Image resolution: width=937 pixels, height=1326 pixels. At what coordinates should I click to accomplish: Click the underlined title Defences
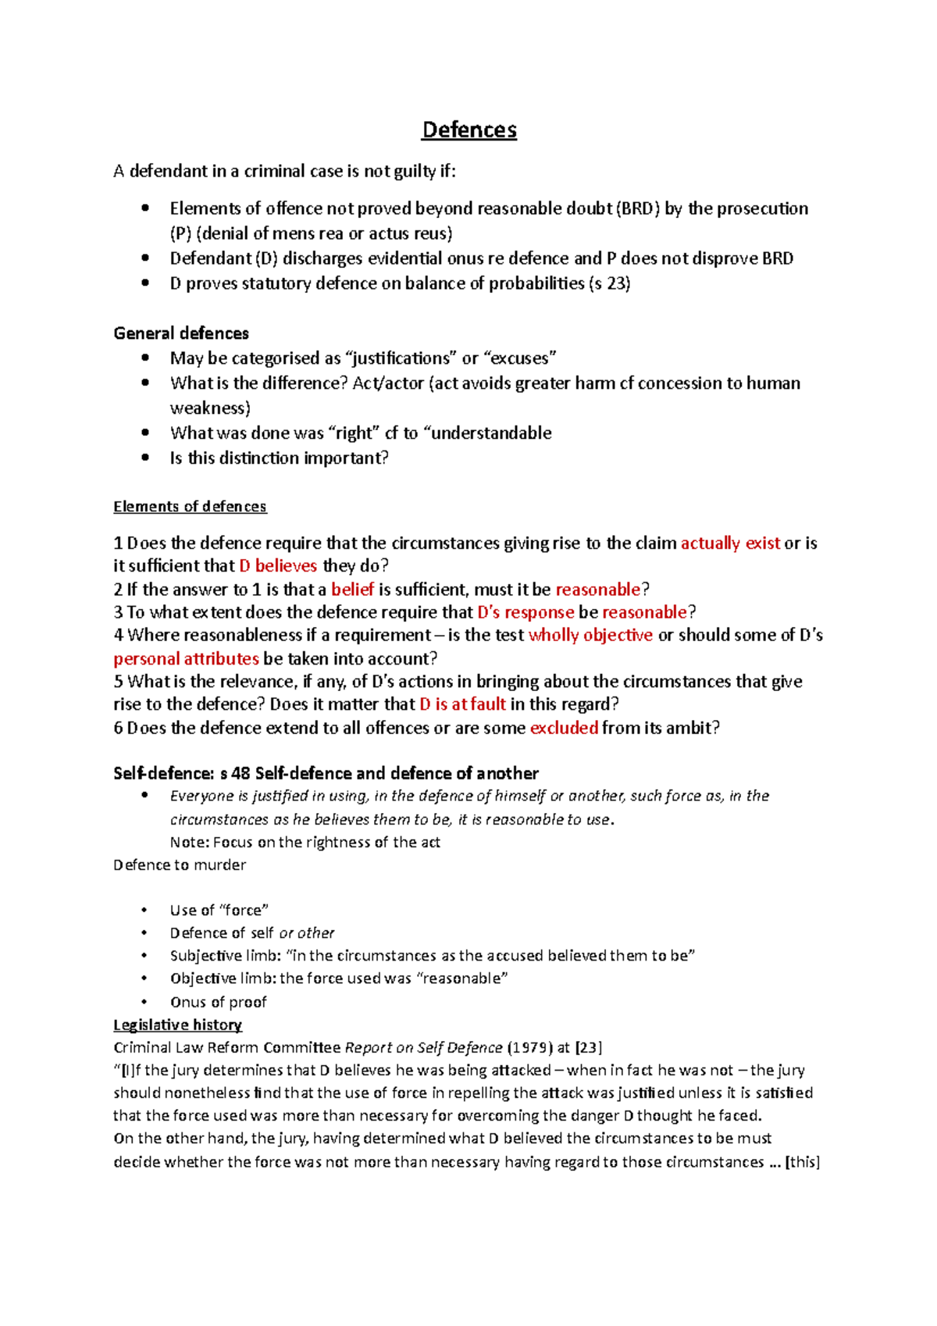coord(468,130)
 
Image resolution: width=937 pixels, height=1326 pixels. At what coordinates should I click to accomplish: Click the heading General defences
coord(181,333)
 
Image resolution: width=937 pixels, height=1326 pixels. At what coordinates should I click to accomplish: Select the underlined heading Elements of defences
coord(190,507)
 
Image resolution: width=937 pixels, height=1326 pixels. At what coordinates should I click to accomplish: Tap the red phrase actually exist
coord(730,544)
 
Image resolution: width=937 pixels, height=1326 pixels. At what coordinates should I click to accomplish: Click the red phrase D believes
coord(278,566)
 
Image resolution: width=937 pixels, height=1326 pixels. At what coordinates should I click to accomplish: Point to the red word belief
coord(352,590)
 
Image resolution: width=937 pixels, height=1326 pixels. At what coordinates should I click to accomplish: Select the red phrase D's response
coord(526,612)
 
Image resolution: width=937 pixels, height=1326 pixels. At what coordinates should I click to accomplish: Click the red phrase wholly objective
coord(590,635)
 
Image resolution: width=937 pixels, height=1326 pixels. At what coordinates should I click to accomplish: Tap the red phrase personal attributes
coord(186,658)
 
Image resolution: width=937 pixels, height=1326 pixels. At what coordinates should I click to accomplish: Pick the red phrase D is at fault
coord(462,704)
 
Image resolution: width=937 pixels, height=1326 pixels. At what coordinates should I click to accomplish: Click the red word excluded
coord(564,728)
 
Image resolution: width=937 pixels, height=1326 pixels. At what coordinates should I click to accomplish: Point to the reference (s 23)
coord(610,283)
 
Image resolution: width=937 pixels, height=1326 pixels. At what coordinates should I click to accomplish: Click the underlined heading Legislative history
coord(177,1025)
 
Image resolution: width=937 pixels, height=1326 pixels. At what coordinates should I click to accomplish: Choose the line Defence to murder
coord(180,865)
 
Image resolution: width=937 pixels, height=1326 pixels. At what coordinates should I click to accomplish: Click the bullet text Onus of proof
coord(219,1002)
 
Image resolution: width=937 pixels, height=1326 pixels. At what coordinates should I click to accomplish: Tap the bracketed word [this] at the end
coord(803,1162)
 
